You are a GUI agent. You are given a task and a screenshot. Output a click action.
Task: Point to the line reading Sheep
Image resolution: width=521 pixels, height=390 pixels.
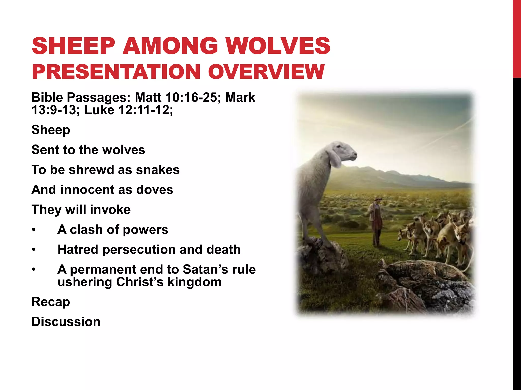[x=51, y=130]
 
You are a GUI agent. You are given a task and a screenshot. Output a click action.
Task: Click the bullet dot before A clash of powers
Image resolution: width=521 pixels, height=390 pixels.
[x=34, y=230]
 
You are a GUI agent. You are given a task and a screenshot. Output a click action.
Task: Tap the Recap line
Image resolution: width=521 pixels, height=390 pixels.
[x=51, y=302]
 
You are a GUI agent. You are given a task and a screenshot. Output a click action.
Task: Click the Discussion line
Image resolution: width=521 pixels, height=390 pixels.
[x=66, y=322]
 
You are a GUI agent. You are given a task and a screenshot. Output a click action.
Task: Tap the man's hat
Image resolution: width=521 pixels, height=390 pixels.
[x=379, y=199]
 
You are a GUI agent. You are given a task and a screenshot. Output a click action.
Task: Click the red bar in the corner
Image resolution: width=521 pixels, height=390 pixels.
[x=517, y=38]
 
